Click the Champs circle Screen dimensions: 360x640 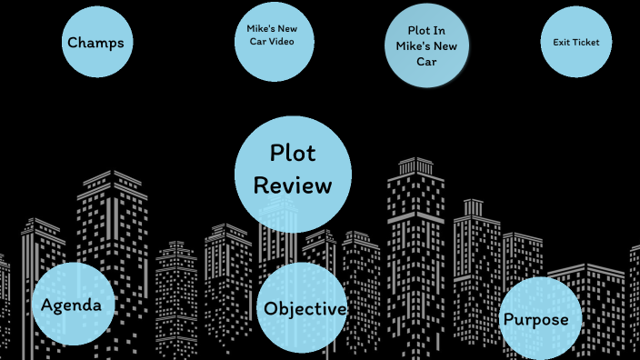95,42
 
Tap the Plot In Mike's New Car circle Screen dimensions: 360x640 426,46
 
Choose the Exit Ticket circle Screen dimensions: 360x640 575,42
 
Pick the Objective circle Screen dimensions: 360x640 303,308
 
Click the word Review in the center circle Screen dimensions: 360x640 293,185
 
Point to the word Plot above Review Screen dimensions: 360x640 293,153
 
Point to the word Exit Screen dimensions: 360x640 561,42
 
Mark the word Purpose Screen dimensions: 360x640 536,319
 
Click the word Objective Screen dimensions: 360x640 305,309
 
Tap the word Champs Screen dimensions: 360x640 95,42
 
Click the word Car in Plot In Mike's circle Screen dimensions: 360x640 426,62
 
